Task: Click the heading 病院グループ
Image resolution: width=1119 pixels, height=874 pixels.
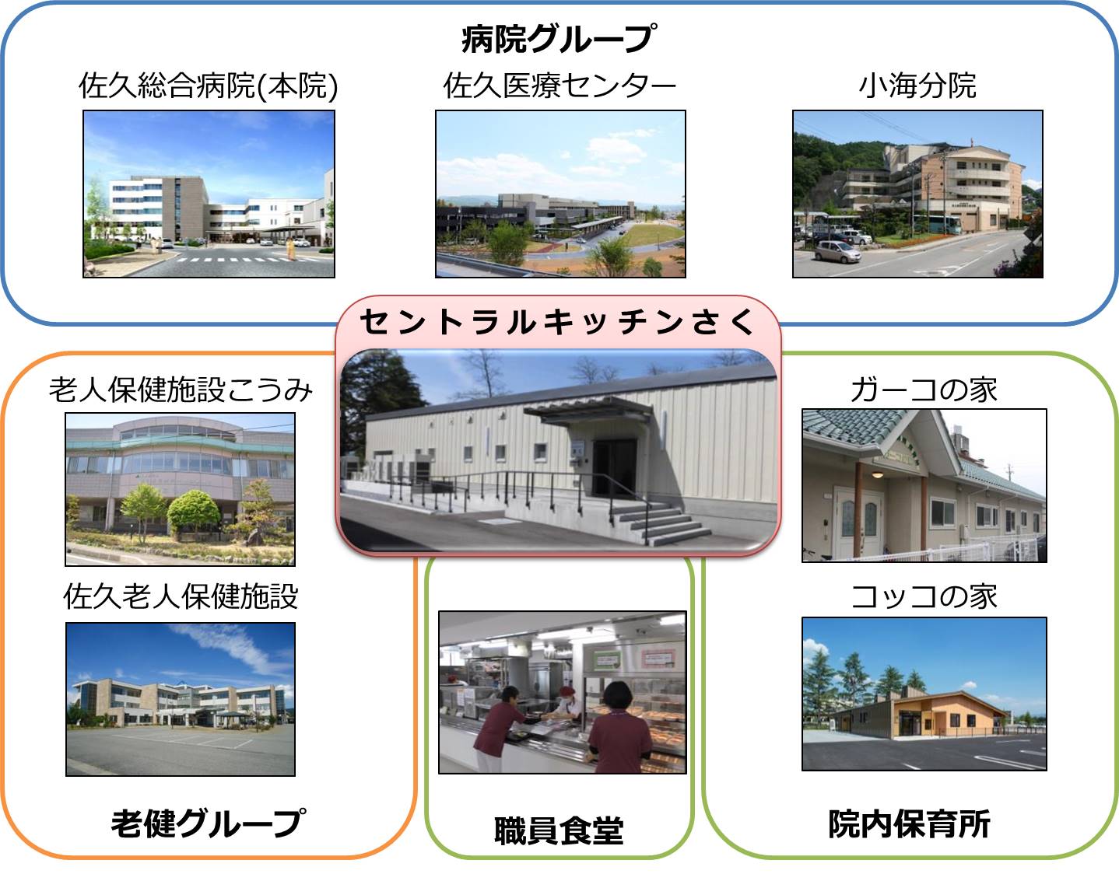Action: click(x=559, y=39)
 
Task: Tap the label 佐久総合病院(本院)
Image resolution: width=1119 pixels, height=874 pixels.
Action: click(x=208, y=86)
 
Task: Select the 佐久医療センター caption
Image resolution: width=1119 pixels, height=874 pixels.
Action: click(x=559, y=85)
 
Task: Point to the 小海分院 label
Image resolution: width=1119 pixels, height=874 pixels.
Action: click(x=917, y=85)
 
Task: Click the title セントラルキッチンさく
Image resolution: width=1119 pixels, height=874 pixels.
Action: click(x=558, y=322)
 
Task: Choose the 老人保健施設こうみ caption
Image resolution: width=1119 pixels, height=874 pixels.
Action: click(x=181, y=390)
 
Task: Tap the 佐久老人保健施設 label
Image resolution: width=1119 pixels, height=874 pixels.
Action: click(x=181, y=596)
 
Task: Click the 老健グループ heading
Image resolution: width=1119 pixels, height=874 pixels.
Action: click(x=209, y=823)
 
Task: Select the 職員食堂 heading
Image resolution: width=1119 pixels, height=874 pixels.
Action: click(x=559, y=830)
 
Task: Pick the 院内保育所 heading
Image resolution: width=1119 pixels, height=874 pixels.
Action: click(x=910, y=823)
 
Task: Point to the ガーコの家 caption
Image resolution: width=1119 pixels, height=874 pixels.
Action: click(x=924, y=390)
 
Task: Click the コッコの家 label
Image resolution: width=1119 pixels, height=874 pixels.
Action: click(x=924, y=596)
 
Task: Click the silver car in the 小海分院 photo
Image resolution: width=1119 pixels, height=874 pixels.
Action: click(x=837, y=252)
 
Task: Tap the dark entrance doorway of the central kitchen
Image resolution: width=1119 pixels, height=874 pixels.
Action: click(x=614, y=468)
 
